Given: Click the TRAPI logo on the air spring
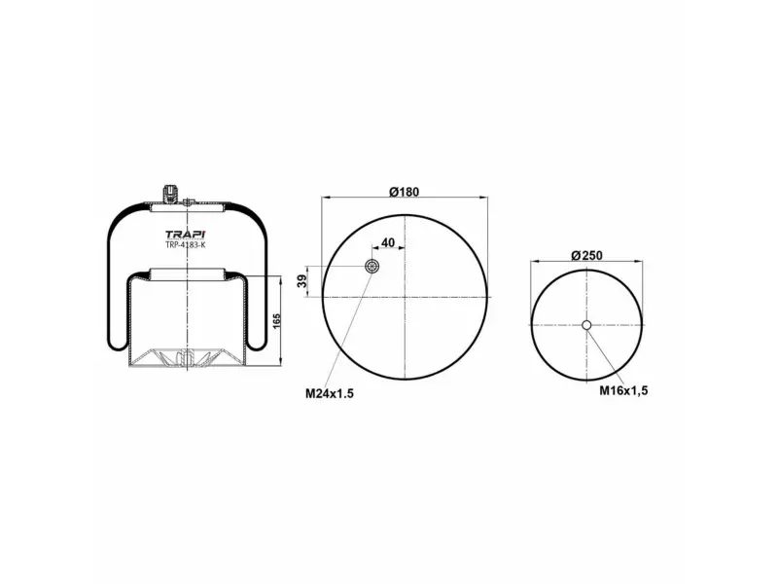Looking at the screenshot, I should pyautogui.click(x=185, y=235).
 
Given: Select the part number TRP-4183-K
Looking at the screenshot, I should pyautogui.click(x=185, y=246).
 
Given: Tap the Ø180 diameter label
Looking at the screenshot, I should pyautogui.click(x=404, y=191).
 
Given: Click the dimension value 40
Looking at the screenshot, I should pyautogui.click(x=388, y=242).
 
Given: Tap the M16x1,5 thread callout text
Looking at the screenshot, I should pyautogui.click(x=623, y=389).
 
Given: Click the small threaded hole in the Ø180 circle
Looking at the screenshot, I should pyautogui.click(x=371, y=267).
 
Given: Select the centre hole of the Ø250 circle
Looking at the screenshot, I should pyautogui.click(x=586, y=326).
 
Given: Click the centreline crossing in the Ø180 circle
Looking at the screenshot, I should pyautogui.click(x=404, y=296).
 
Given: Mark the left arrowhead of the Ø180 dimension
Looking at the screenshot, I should pyautogui.click(x=325, y=199).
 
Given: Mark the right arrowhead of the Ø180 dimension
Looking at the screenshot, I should pyautogui.click(x=482, y=199).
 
